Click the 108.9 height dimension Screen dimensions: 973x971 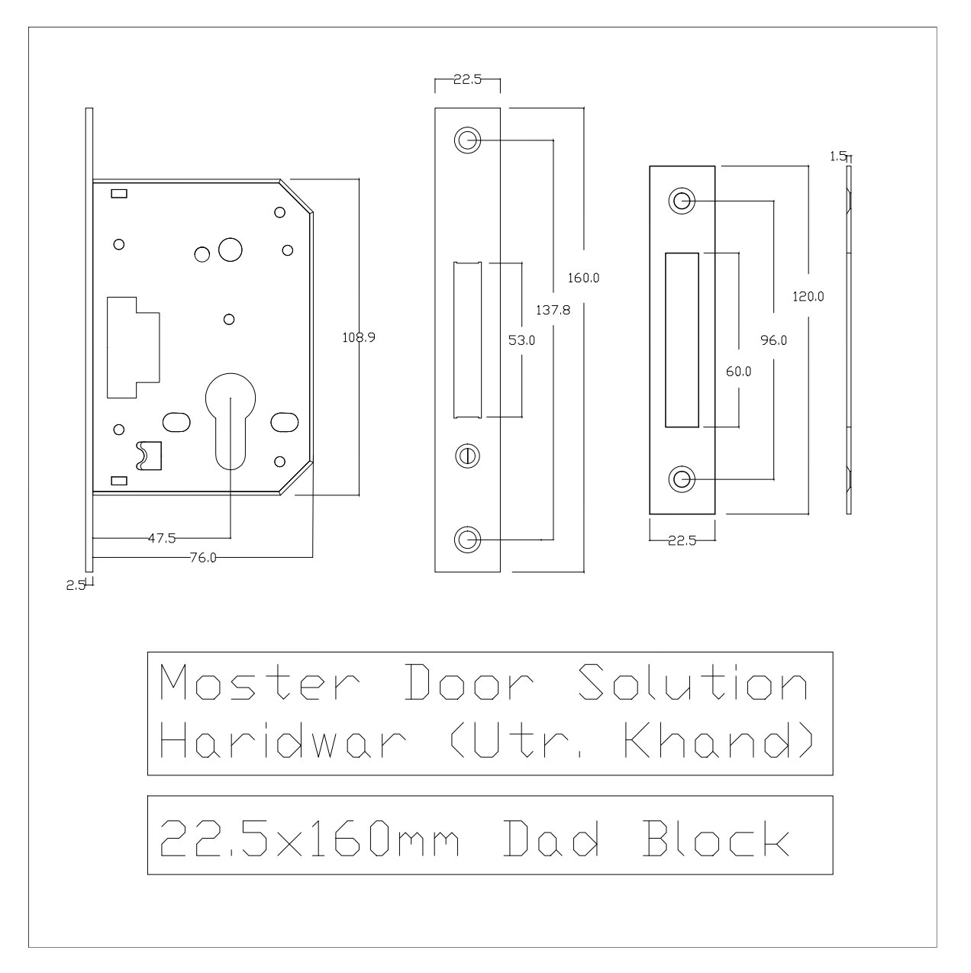[x=358, y=336]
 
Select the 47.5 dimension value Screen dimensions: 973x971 [x=161, y=538]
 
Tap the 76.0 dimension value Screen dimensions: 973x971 [x=204, y=558]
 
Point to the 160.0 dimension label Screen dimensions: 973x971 [x=583, y=279]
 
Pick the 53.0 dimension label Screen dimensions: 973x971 [x=521, y=341]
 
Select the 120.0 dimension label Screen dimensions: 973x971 [x=808, y=297]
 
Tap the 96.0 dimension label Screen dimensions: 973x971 [x=773, y=341]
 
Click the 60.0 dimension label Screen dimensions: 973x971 [x=738, y=372]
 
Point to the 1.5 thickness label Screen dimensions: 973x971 [x=837, y=156]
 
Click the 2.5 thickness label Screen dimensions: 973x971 [x=75, y=585]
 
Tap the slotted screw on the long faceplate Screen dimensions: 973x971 [x=467, y=456]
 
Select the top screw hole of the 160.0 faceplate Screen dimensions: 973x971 [x=467, y=140]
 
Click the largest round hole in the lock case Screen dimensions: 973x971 [x=230, y=249]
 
